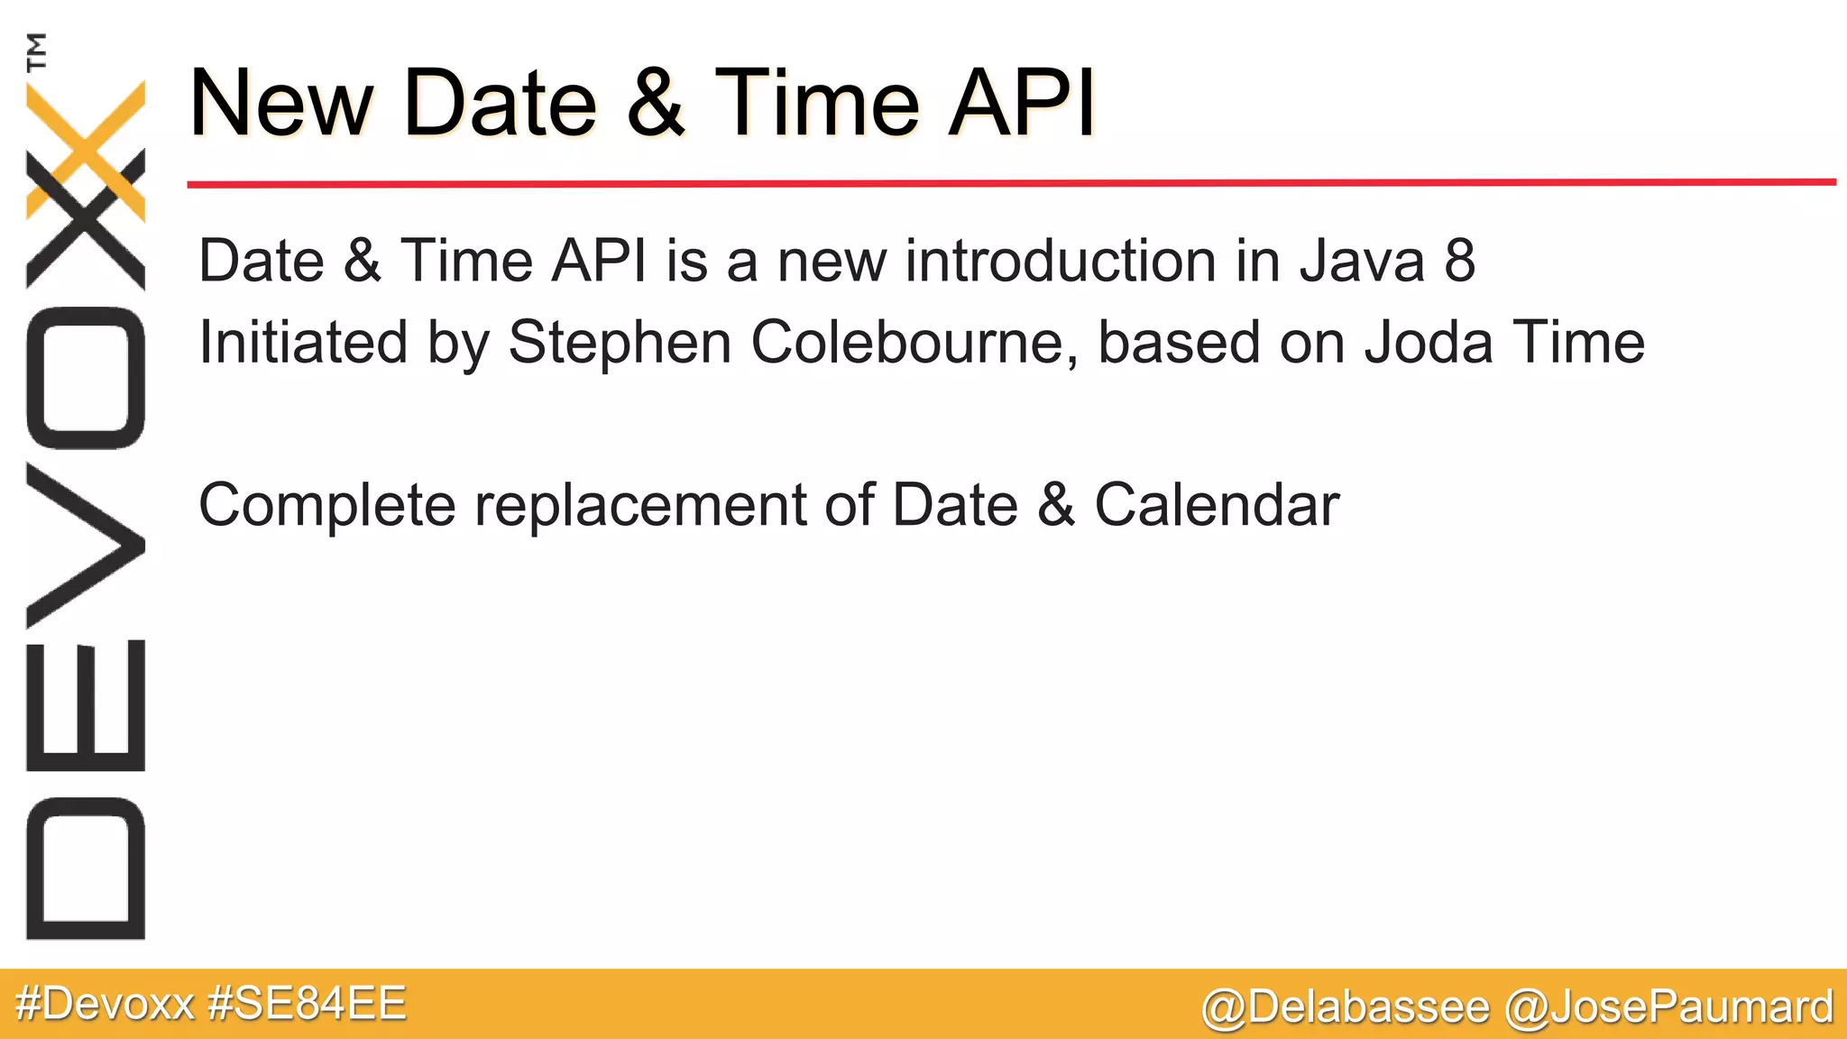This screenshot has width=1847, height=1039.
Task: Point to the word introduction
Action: point(1061,261)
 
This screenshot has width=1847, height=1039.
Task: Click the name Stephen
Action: point(620,344)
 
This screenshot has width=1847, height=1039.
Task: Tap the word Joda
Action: point(1428,343)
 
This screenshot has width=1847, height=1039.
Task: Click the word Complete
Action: point(326,505)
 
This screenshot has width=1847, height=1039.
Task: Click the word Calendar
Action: point(1217,505)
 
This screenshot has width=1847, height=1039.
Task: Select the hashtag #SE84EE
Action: point(307,1004)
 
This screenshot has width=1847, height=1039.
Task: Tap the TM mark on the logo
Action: point(36,51)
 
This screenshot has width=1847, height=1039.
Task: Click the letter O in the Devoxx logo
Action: point(86,378)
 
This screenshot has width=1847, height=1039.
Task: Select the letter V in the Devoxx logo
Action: point(86,545)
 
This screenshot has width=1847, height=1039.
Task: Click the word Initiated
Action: point(302,344)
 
